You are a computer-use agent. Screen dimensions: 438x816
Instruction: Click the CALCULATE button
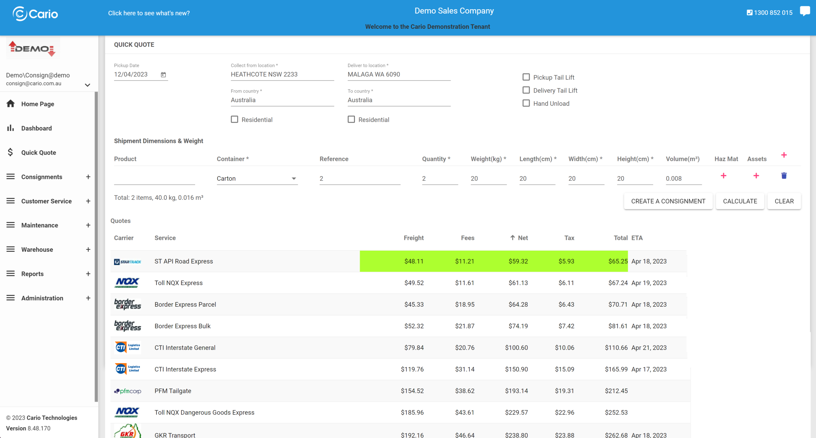739,201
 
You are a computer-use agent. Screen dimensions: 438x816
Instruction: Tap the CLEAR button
784,201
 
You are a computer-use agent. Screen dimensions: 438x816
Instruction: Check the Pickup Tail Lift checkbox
526,77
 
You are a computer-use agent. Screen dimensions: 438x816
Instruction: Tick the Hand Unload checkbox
526,103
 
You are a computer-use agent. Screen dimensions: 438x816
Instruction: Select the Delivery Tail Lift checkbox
526,90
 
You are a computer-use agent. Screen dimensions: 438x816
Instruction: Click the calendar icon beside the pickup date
163,75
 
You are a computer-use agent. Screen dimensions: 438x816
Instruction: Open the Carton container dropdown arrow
294,179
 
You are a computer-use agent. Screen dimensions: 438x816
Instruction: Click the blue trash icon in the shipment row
784,176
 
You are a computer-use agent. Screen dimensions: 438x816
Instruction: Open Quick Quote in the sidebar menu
38,153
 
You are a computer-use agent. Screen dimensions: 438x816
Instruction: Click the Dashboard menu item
36,128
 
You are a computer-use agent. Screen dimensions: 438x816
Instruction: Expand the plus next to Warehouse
88,249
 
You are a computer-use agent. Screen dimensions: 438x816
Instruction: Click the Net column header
522,238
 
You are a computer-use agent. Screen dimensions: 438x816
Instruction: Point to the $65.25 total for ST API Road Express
617,261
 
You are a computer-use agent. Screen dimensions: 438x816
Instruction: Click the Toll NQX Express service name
179,283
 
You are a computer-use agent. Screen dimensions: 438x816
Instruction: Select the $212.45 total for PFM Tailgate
616,391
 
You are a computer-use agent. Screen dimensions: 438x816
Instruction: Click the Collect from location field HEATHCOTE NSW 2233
282,74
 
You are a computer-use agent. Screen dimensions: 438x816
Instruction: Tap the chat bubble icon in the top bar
804,11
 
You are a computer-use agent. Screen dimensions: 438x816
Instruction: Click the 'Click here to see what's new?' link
149,13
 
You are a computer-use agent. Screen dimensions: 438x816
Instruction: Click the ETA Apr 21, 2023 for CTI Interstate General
649,348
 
